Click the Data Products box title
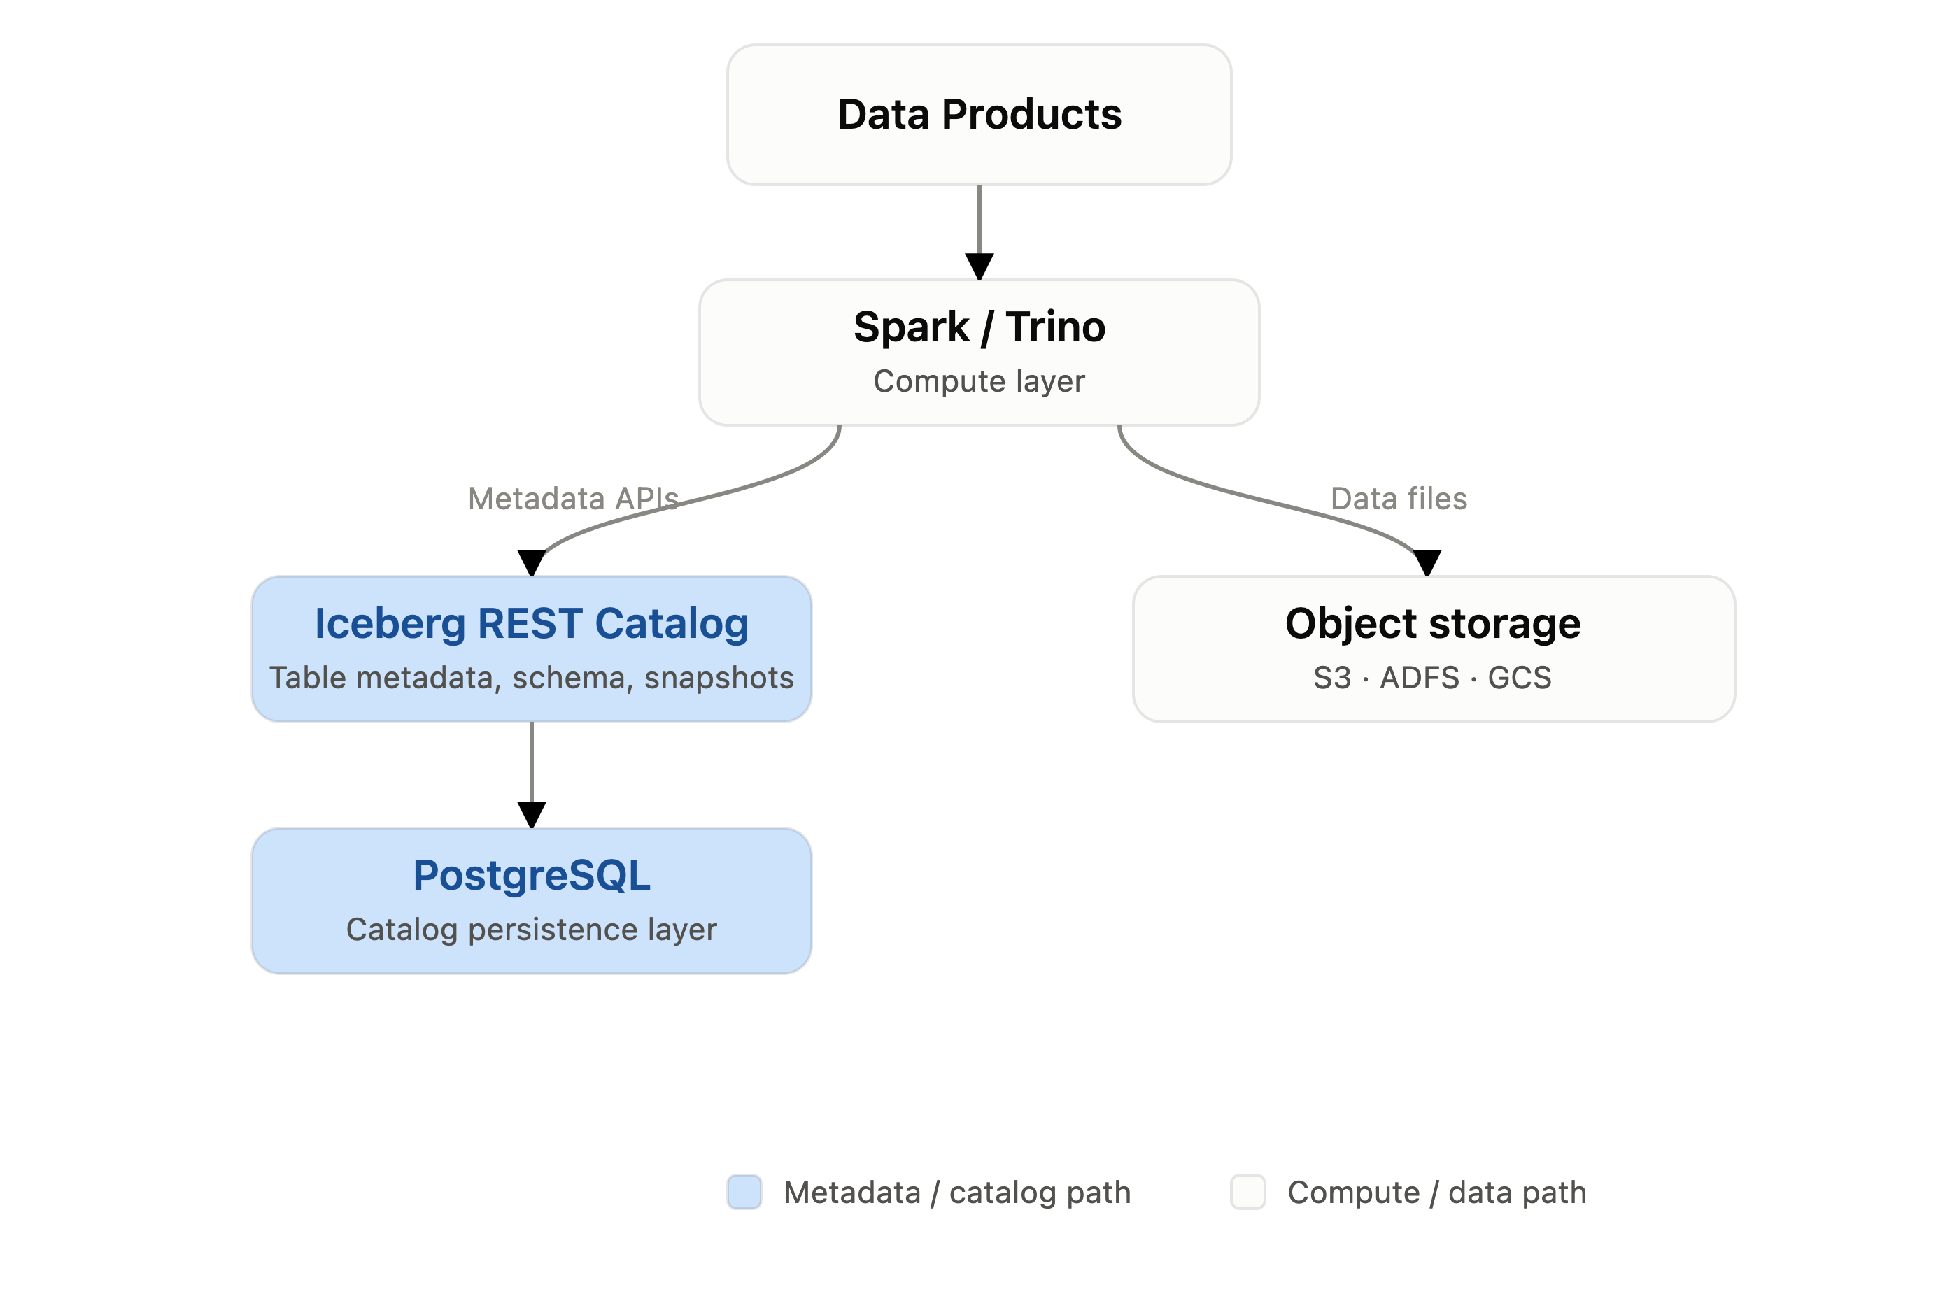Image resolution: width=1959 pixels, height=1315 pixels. (979, 114)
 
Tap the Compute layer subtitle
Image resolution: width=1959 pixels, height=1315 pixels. (979, 381)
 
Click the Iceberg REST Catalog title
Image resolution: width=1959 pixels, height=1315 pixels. (532, 623)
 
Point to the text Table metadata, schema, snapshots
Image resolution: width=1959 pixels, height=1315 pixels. (532, 678)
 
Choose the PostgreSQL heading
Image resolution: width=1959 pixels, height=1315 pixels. (532, 875)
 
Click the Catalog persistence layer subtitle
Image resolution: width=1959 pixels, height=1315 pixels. (532, 929)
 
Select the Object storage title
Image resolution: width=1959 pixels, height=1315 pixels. (1433, 623)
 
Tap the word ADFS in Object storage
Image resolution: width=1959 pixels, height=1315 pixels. (1420, 678)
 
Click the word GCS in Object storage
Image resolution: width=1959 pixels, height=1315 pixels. (1520, 678)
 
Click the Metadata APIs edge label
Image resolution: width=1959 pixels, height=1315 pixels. (574, 498)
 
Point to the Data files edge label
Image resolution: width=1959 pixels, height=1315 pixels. (1399, 498)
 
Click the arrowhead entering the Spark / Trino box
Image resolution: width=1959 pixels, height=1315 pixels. (979, 266)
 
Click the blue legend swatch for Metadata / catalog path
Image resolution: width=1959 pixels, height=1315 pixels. (744, 1192)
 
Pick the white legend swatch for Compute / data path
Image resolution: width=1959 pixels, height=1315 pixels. (1248, 1192)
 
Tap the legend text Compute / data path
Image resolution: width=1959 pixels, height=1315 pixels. (1437, 1193)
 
